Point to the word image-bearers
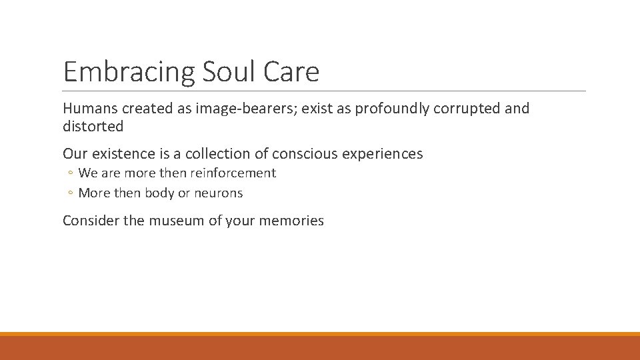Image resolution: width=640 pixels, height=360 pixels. pyautogui.click(x=245, y=109)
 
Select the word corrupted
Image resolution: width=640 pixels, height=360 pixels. pyautogui.click(x=468, y=109)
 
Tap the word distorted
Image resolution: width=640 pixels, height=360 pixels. pyautogui.click(x=93, y=126)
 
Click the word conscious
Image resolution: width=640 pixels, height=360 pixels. pyautogui.click(x=304, y=154)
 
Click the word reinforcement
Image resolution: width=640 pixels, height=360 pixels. pyautogui.click(x=234, y=173)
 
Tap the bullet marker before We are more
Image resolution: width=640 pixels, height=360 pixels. pyautogui.click(x=70, y=174)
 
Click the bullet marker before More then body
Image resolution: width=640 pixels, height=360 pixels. pyautogui.click(x=70, y=194)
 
